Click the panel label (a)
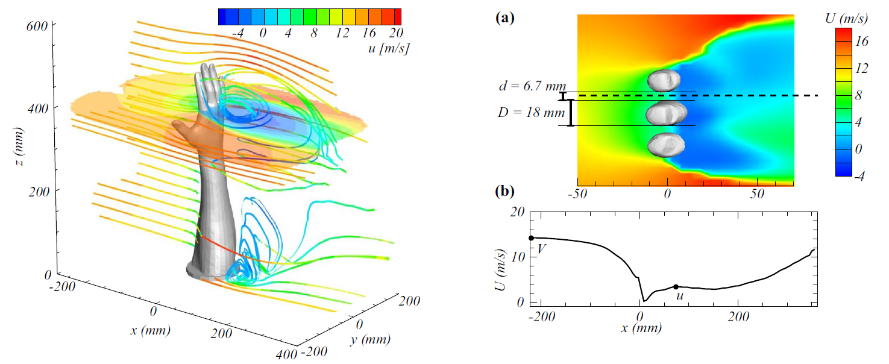tap(504, 18)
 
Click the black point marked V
tap(531, 238)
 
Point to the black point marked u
tap(676, 287)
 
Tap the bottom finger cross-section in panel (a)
tap(664, 145)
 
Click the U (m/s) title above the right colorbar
tap(846, 19)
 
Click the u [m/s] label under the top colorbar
tap(386, 48)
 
